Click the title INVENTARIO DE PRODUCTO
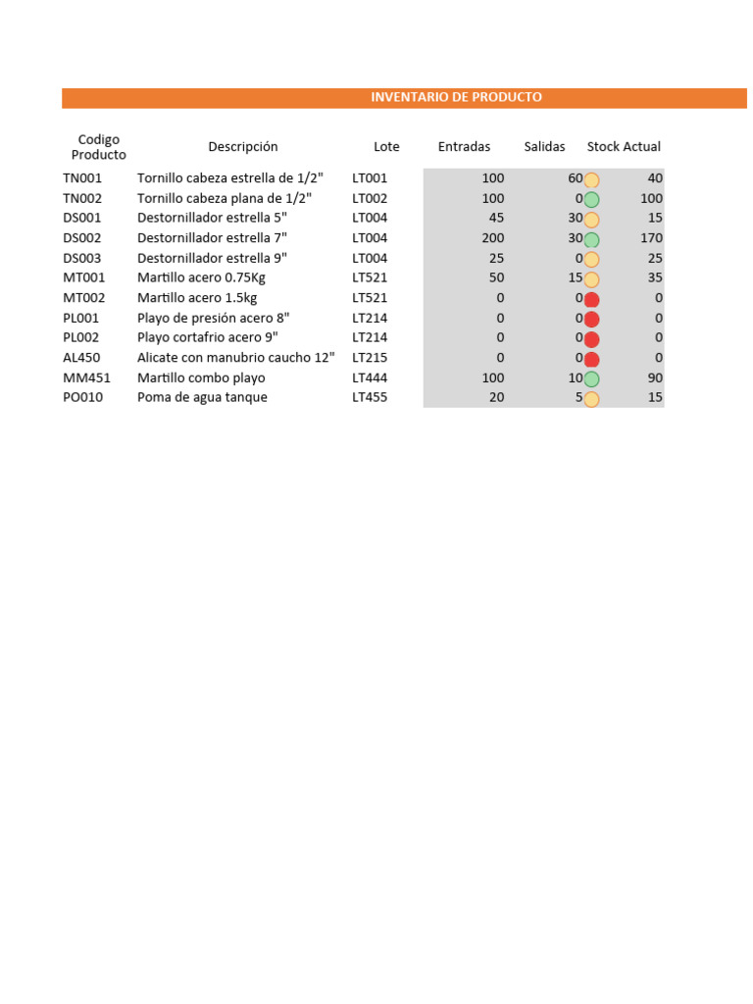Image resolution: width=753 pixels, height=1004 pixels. click(x=456, y=97)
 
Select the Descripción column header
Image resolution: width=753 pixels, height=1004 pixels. click(x=242, y=147)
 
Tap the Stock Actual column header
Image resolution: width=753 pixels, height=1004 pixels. click(x=624, y=147)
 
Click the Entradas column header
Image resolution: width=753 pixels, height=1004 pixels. click(x=464, y=147)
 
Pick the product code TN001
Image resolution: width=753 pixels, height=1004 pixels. click(x=82, y=178)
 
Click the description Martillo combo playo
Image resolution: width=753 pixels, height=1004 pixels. click(x=201, y=377)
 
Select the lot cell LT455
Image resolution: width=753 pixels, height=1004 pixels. click(x=370, y=397)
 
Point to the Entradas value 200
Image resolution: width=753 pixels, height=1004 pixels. click(x=493, y=238)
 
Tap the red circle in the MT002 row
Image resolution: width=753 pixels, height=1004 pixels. click(x=591, y=299)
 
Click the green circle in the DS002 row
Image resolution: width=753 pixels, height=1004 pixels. click(x=591, y=239)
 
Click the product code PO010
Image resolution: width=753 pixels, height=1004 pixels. click(x=82, y=397)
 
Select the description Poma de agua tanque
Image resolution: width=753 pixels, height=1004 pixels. click(x=202, y=397)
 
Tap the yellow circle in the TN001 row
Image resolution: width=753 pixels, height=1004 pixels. click(x=591, y=179)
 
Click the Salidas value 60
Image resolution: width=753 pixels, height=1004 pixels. click(x=575, y=178)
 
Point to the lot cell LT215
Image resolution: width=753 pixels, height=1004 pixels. click(x=370, y=358)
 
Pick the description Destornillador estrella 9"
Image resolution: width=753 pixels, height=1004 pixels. click(x=212, y=258)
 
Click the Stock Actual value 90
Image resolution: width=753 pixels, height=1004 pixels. click(x=655, y=377)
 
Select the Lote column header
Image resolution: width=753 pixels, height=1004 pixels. click(x=386, y=147)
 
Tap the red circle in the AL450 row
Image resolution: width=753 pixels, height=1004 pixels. click(x=591, y=359)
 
